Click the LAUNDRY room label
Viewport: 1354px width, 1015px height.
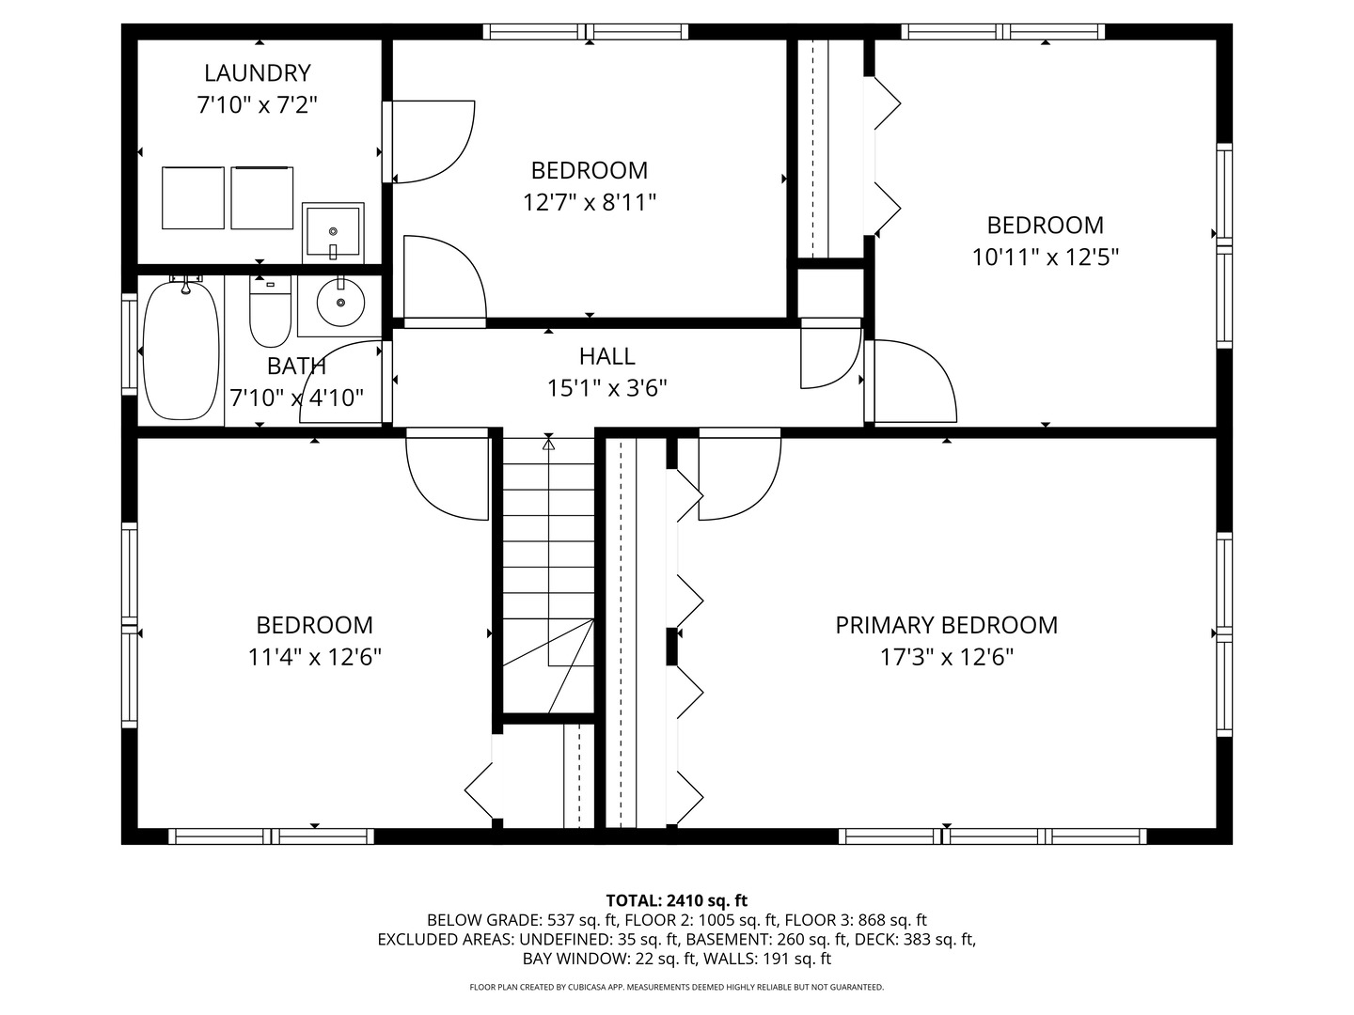[x=257, y=72]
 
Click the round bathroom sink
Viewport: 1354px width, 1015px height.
[x=339, y=303]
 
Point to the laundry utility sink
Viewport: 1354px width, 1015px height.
[x=333, y=232]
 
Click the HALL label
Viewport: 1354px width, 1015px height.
[x=606, y=356]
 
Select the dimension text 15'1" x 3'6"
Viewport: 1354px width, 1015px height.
[x=606, y=387]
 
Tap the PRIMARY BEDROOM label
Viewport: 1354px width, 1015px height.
[x=946, y=625]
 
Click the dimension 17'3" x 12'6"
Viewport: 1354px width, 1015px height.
[x=946, y=656]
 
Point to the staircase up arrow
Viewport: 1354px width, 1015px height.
[x=549, y=443]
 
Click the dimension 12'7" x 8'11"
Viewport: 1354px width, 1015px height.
[x=590, y=201]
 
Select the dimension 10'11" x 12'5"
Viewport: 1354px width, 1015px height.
[x=1045, y=257]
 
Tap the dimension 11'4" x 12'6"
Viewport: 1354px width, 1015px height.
[x=314, y=656]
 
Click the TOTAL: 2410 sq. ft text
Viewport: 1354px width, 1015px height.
[x=676, y=900]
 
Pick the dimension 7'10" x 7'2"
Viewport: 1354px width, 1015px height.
[x=257, y=104]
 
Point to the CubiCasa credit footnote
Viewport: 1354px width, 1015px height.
[x=676, y=987]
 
